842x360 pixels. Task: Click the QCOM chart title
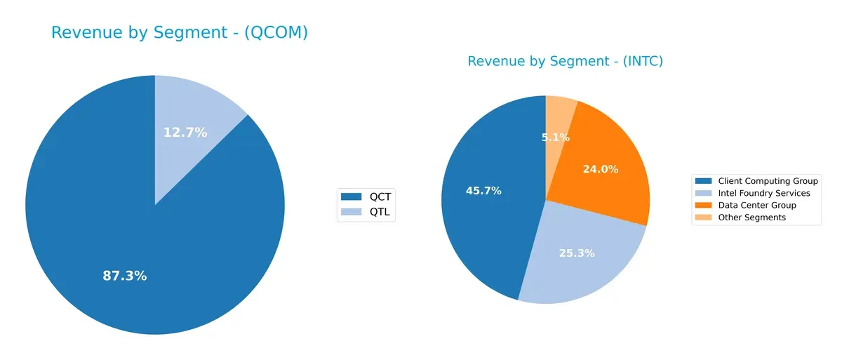(x=180, y=33)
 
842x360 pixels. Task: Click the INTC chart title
(x=565, y=62)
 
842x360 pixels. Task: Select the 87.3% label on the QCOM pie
(x=125, y=276)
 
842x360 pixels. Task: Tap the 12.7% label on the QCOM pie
(x=185, y=132)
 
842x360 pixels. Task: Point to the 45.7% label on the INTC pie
(x=483, y=190)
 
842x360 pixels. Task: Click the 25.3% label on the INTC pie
(x=577, y=253)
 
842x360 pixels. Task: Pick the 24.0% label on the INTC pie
(x=600, y=169)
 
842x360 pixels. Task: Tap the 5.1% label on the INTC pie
(x=556, y=138)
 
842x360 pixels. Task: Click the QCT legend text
(x=380, y=196)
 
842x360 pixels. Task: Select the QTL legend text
(x=380, y=211)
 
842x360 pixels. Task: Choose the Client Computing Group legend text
(x=768, y=181)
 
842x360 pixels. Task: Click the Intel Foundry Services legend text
(x=763, y=193)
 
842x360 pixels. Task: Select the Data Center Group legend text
(x=756, y=205)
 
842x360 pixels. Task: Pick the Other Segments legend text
(x=751, y=218)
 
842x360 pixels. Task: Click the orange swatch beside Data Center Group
(x=704, y=205)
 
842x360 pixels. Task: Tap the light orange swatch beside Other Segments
(x=704, y=218)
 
